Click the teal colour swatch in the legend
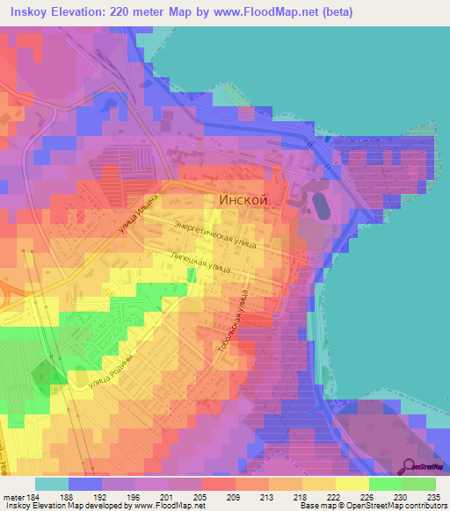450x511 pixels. [x=52, y=484]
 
